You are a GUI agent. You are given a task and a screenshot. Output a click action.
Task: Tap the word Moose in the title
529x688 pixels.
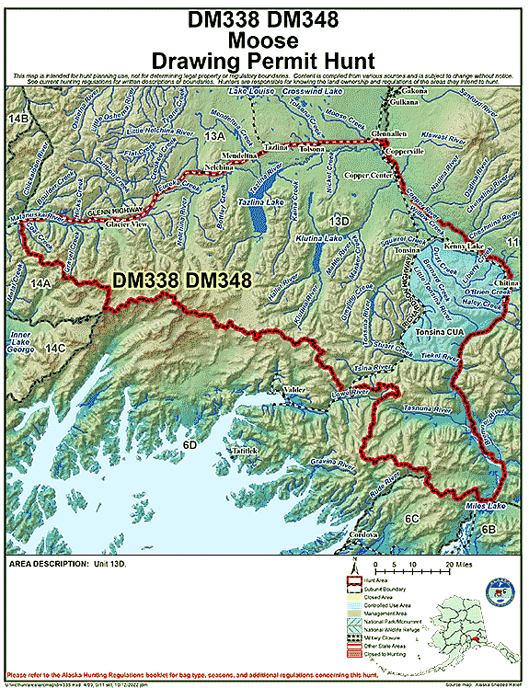pos(263,40)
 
